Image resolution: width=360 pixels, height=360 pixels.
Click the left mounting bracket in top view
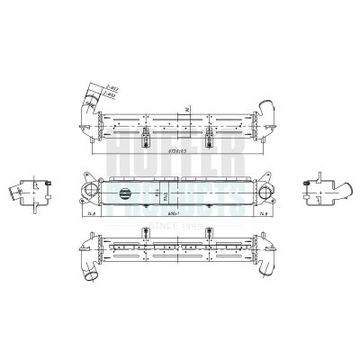(145, 136)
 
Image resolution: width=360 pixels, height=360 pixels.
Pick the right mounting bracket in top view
(210, 136)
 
